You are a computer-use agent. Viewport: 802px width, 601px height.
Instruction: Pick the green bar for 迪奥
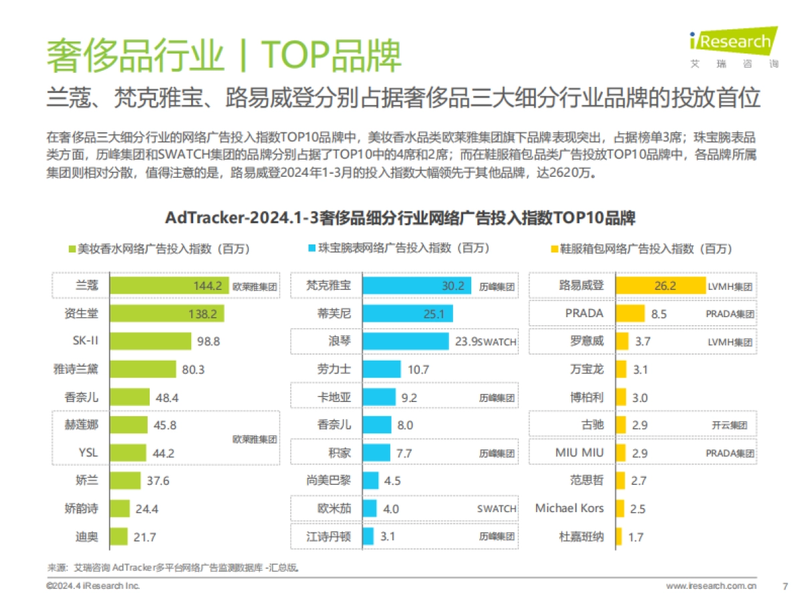118,536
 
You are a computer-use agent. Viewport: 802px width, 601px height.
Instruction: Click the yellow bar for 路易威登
660,286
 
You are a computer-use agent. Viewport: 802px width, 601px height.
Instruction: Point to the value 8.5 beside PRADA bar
658,313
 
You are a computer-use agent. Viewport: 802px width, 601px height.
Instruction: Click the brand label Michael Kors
569,508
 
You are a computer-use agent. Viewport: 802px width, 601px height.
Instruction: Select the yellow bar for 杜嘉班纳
619,536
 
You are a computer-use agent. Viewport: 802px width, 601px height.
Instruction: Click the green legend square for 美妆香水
72,249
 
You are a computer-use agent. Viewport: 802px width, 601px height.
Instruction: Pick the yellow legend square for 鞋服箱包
553,249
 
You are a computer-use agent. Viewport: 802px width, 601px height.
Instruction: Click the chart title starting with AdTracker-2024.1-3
400,218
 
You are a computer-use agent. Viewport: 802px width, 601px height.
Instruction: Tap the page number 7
785,586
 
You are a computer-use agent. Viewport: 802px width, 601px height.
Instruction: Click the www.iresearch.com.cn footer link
711,586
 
